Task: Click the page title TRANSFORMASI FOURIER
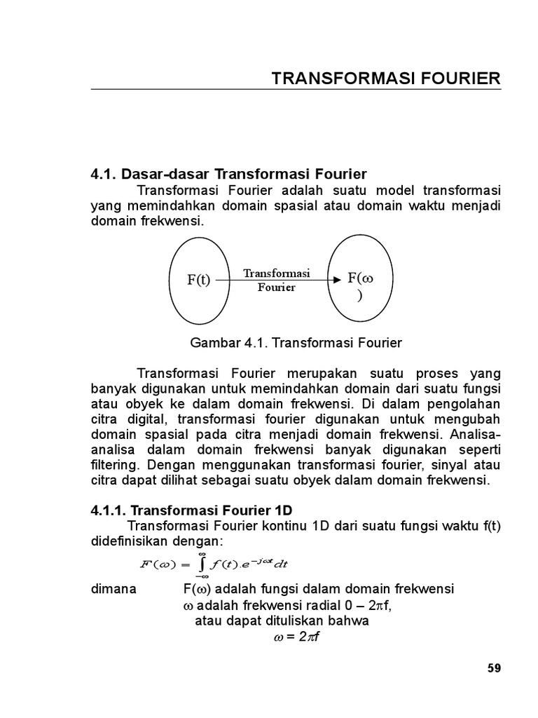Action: coord(386,79)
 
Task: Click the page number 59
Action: coord(495,668)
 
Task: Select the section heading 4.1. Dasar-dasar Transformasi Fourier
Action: coord(229,174)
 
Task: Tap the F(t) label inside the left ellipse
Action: coord(198,280)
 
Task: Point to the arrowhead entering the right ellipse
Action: coord(337,280)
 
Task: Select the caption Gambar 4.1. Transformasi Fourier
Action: coord(296,343)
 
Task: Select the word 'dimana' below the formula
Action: coord(114,589)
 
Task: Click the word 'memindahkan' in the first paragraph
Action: coord(175,205)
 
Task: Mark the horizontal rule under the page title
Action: coord(296,90)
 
